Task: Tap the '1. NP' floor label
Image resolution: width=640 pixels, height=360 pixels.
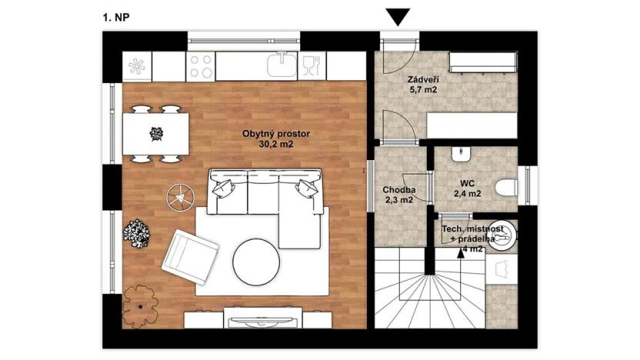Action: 115,15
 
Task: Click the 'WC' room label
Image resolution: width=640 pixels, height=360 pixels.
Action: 467,183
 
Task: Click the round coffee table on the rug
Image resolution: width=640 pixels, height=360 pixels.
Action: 257,262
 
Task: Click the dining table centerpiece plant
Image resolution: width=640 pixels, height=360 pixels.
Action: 157,133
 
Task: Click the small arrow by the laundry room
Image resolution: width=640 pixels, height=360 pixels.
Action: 462,255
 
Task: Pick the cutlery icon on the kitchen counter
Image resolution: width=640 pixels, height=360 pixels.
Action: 311,62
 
